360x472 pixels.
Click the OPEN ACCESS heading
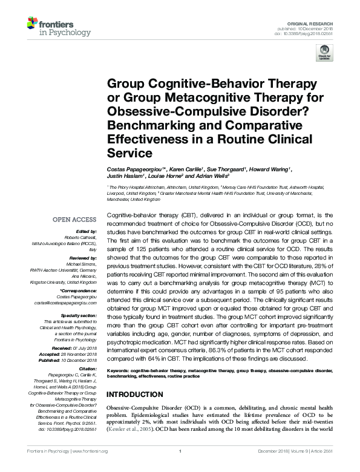(76, 220)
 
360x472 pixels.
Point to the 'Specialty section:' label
(79, 315)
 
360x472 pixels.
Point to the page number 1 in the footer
(180, 468)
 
